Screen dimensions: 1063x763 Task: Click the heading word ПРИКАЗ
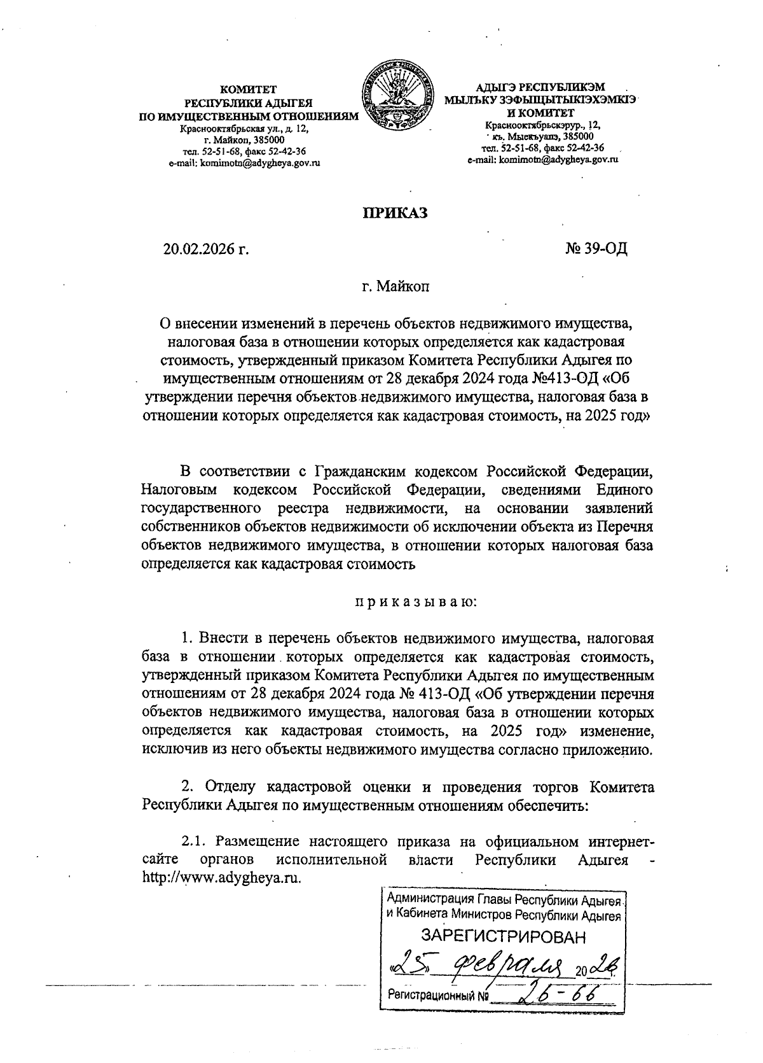pos(394,213)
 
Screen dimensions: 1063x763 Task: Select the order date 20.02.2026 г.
pos(205,249)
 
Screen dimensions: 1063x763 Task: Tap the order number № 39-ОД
pos(596,249)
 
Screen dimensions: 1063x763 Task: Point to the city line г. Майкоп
pos(395,286)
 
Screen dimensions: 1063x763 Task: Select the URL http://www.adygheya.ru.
pos(221,876)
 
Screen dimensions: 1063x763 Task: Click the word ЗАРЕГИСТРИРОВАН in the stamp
pos(504,936)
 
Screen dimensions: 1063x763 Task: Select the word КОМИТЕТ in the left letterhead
pos(249,90)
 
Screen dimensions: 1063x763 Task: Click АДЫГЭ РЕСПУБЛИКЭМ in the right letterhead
pos(541,87)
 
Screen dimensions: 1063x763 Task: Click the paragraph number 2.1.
pos(194,841)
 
